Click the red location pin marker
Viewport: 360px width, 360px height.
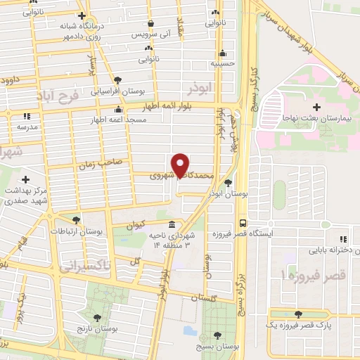tap(181, 165)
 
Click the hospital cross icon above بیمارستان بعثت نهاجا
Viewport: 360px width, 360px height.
tap(316, 107)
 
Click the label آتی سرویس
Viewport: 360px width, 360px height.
tap(150, 34)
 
